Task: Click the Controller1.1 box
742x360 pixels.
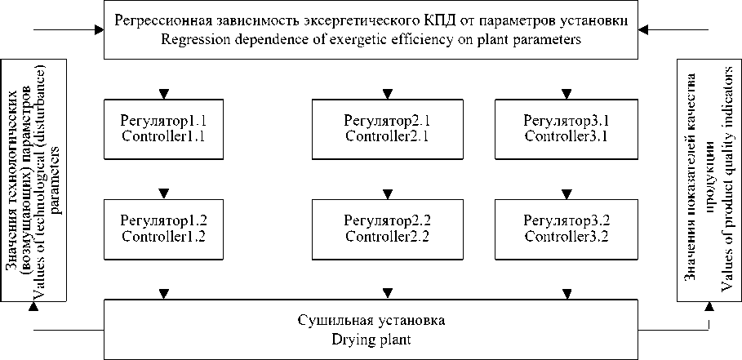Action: pos(163,129)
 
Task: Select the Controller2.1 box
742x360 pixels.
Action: pos(388,129)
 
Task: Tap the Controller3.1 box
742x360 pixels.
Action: pos(566,129)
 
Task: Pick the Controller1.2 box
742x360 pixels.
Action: pos(163,229)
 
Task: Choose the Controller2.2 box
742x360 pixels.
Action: pos(388,229)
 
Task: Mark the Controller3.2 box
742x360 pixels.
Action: pos(566,229)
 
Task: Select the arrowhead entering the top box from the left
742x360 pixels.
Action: pos(99,30)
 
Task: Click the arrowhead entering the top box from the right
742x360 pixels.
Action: pos(642,30)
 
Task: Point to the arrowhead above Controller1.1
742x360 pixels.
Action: pos(163,94)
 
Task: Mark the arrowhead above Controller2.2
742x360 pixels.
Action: pos(388,194)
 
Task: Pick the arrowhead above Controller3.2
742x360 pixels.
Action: pos(566,194)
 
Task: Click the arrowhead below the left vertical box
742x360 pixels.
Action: pos(33,308)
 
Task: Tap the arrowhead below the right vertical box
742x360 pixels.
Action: pos(709,308)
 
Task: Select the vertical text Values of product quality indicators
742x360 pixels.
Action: pos(725,183)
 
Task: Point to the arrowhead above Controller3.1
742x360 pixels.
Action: pos(566,94)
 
